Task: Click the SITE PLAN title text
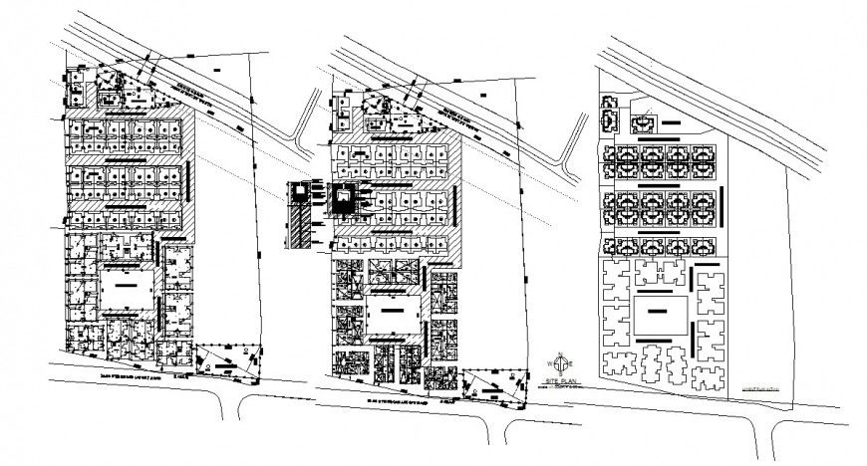pos(563,382)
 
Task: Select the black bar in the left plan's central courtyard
pos(126,285)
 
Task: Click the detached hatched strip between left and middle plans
pos(299,217)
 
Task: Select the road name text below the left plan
pos(136,376)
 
